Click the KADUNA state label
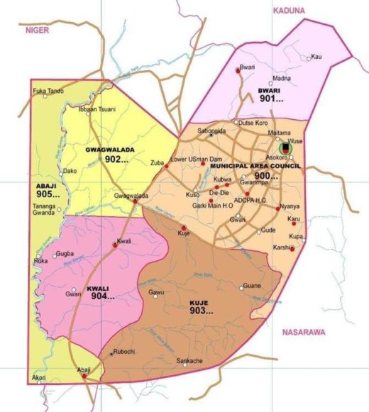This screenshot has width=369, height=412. tap(288, 10)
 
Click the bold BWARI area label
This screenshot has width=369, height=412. tap(270, 91)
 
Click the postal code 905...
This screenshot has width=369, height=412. tap(48, 194)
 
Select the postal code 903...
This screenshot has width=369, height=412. tap(203, 311)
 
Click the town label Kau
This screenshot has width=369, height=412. tap(316, 56)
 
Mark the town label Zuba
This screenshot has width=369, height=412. tap(158, 163)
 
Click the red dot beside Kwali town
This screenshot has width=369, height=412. tap(115, 245)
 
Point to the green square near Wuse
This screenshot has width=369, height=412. tap(285, 148)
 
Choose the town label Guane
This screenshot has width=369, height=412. tap(252, 286)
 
